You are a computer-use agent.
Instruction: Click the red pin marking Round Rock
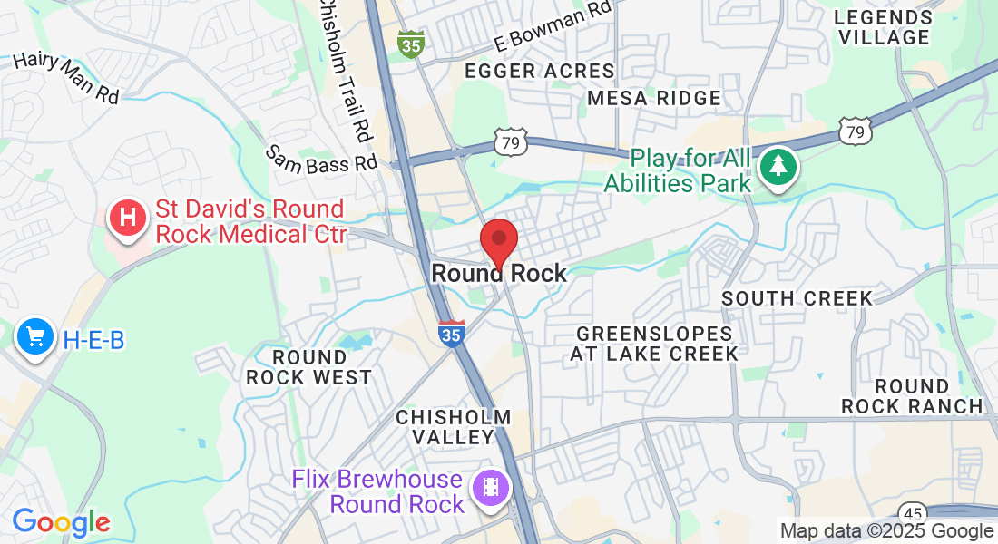498,241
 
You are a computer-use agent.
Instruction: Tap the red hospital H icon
128,219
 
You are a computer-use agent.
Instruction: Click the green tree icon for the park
778,166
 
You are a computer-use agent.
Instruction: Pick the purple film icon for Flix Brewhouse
491,489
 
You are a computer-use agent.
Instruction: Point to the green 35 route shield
411,44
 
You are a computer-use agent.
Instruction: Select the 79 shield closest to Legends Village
856,130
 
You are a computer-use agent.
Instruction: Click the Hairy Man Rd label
66,77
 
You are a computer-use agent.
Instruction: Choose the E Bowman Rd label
553,28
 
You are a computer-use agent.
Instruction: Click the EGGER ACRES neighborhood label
540,71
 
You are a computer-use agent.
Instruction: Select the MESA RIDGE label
654,98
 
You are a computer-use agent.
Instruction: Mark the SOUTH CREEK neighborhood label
797,298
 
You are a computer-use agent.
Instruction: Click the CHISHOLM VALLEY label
454,427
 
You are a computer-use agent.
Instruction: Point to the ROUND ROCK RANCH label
912,396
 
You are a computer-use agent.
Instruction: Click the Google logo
61,522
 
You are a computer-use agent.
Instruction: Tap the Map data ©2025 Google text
887,531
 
